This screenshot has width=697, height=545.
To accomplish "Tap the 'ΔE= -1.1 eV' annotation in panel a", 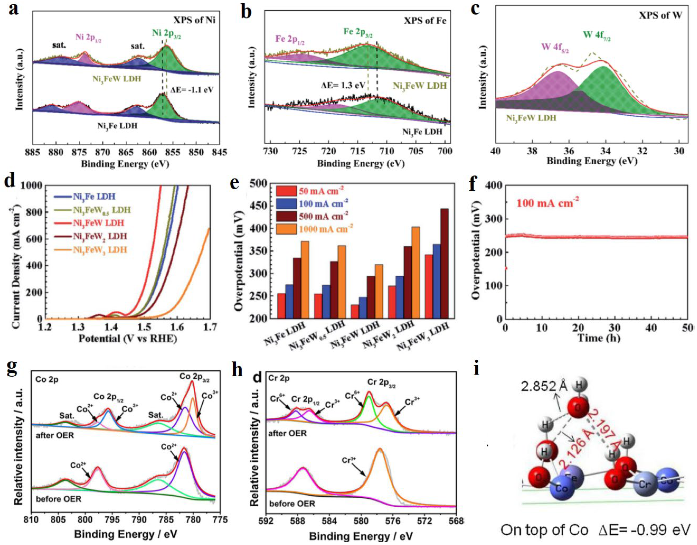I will point(191,90).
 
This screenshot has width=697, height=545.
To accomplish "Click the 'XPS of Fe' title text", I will point(425,21).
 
